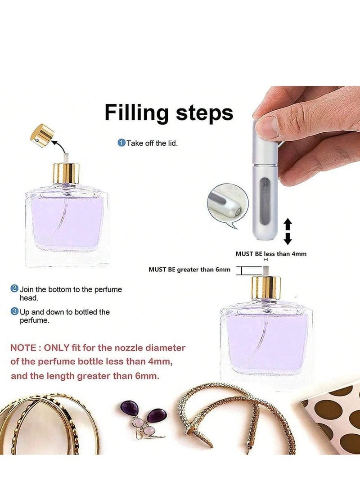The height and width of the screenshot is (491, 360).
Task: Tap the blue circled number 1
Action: coord(121,143)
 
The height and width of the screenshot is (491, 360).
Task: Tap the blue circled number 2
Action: coord(14,289)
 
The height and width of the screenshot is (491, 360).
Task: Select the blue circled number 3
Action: coord(14,311)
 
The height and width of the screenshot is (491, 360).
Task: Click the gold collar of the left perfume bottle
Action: coord(67,173)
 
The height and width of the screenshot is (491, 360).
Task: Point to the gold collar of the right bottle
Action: coord(266,287)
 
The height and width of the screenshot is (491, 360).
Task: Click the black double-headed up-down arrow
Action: coord(288,231)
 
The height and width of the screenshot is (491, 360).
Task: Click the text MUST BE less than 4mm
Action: coord(271,254)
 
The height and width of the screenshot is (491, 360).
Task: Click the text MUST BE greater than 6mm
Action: coord(189,270)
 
